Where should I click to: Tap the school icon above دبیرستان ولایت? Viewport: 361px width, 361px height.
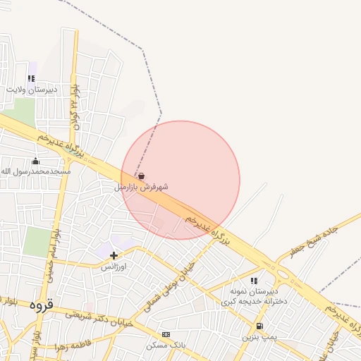pos(31,79)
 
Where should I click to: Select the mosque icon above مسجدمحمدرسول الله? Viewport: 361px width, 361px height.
pos(36,161)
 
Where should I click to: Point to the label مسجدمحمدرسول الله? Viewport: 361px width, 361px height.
pos(35,171)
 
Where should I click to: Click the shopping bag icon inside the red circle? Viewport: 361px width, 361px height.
pos(142,176)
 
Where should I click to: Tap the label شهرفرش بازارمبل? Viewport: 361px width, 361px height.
pos(141,188)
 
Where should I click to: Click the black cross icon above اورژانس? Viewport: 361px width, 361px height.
pos(114,255)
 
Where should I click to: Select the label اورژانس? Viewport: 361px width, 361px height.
pos(114,267)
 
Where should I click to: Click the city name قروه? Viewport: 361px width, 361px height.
pos(42,305)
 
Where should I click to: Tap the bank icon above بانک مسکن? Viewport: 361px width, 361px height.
pos(166,334)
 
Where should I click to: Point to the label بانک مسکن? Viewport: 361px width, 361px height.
pos(165,345)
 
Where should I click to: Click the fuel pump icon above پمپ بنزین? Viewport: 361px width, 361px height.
pos(259,326)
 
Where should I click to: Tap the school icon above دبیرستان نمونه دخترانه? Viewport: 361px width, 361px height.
pos(254,281)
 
